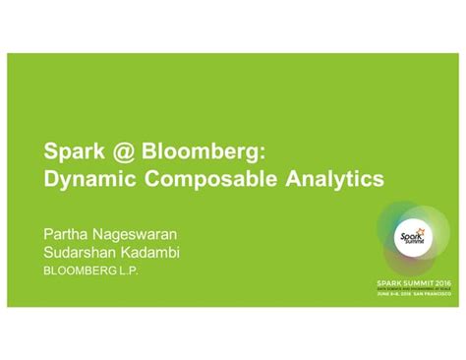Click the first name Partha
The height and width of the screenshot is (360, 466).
click(x=65, y=235)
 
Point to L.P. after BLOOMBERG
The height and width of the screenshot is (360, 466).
click(x=133, y=270)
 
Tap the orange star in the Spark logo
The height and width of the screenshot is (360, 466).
click(x=422, y=232)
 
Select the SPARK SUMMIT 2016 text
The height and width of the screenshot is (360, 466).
click(x=414, y=282)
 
